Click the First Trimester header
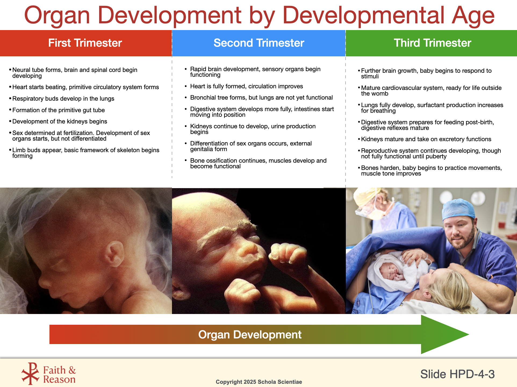coord(85,43)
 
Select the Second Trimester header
coord(259,43)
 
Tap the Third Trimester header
coord(432,43)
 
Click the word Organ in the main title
coord(57,16)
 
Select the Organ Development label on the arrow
coord(250,335)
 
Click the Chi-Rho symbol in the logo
coord(31,374)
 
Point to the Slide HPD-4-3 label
coord(457,374)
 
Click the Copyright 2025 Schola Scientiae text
coord(259,382)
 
